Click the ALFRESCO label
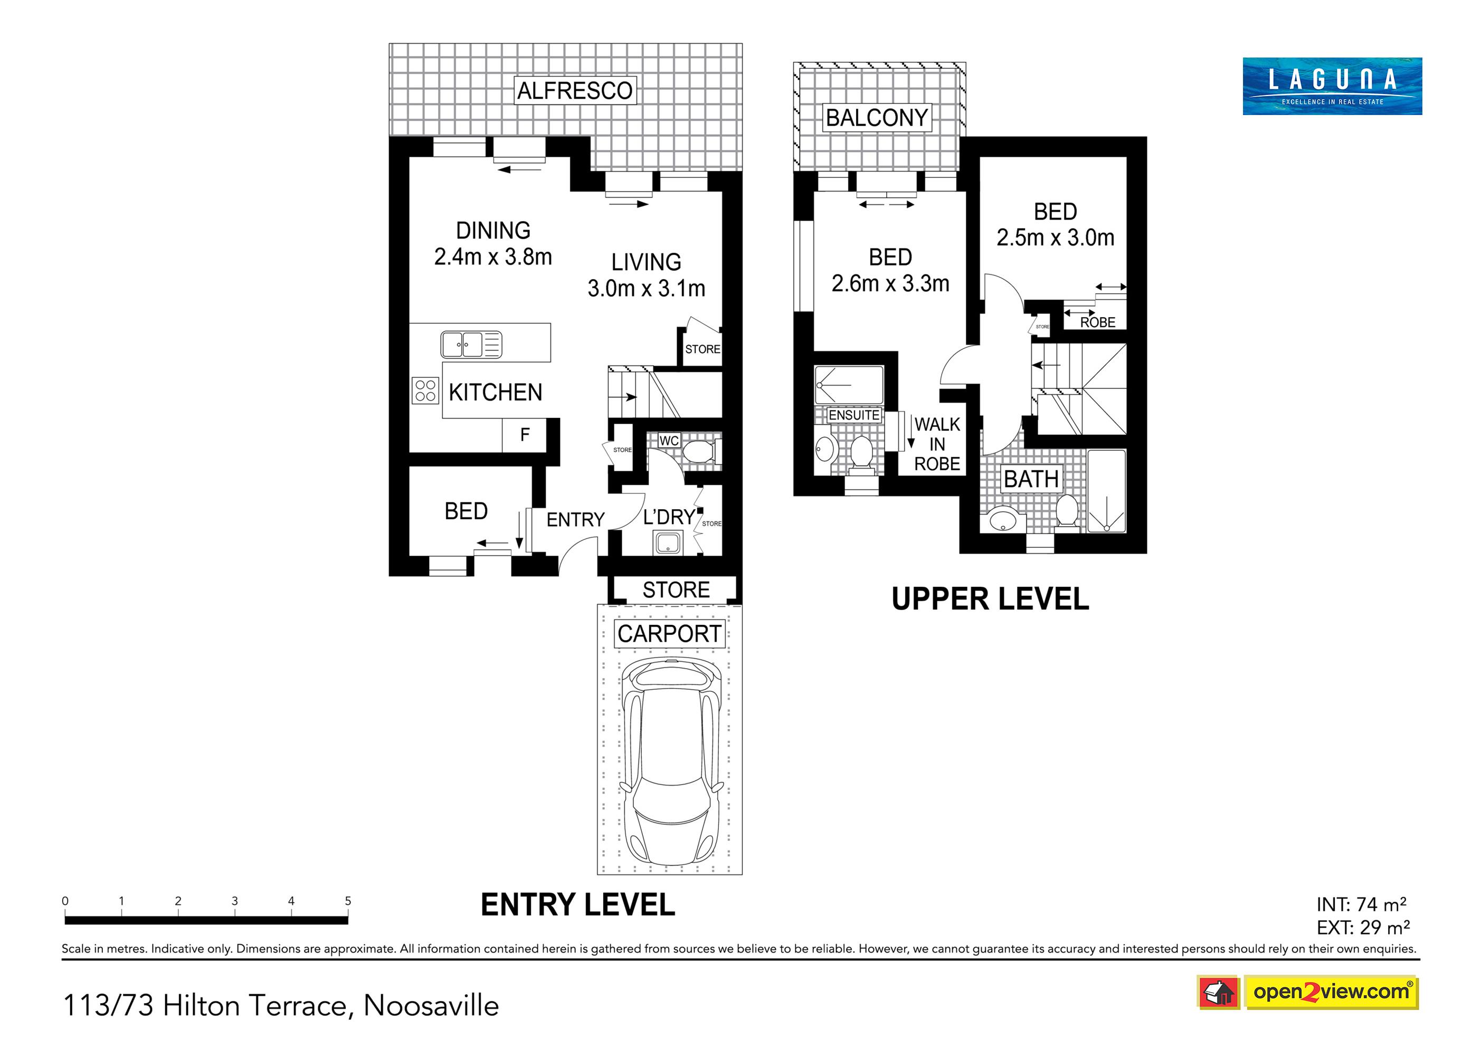575,90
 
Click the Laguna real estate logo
1332,87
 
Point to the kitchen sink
471,345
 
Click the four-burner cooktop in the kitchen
425,391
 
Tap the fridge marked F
525,435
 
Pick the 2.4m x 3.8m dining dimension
493,257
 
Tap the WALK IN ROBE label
937,444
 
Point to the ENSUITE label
854,415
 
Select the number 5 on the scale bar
348,901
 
